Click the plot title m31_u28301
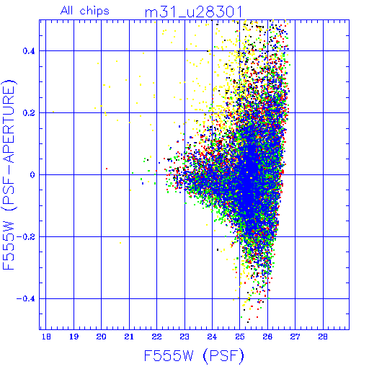(x=194, y=12)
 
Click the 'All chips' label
(x=85, y=11)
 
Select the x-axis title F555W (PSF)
(x=194, y=355)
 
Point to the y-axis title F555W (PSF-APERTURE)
(x=9, y=174)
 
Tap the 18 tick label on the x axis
(x=46, y=337)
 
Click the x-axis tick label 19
(x=74, y=337)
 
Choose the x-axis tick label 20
(x=101, y=337)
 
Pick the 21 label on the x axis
(x=129, y=337)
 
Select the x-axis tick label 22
(x=156, y=337)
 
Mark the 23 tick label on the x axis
(x=184, y=337)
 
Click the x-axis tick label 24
(x=212, y=337)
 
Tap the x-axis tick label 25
(x=240, y=337)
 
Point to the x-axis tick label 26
(x=267, y=337)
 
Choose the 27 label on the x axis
(x=295, y=337)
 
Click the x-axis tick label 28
(x=323, y=337)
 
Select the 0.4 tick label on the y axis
(x=29, y=51)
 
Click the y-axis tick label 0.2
(x=29, y=113)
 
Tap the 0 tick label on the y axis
(x=32, y=175)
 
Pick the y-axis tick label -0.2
(x=26, y=237)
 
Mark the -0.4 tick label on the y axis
(x=26, y=299)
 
